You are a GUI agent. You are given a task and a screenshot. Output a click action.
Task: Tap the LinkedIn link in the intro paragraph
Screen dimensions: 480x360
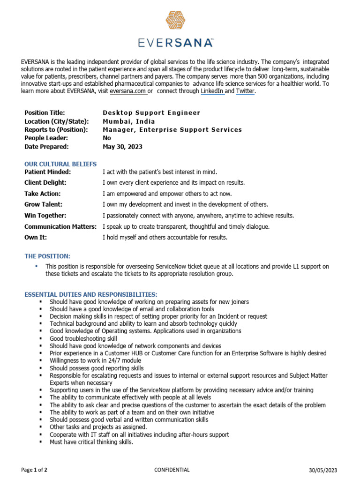coord(212,91)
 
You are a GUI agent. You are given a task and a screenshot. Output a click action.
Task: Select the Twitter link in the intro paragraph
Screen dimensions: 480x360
coord(246,91)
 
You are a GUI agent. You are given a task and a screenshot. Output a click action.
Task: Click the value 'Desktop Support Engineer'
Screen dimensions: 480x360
coord(151,113)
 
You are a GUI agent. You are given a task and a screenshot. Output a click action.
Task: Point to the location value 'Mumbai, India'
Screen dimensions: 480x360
coord(128,121)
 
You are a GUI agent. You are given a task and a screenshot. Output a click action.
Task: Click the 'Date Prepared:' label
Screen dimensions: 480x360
coord(46,147)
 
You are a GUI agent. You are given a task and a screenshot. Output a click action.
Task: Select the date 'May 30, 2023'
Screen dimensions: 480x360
coord(122,147)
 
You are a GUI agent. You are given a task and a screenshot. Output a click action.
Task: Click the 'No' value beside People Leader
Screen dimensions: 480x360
coord(107,138)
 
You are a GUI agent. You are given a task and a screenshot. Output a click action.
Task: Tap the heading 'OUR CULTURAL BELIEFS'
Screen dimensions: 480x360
coord(60,164)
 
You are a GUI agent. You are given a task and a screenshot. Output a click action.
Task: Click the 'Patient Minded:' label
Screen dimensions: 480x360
coord(47,172)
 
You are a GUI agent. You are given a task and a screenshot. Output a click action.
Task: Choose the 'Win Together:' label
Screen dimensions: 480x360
coord(45,216)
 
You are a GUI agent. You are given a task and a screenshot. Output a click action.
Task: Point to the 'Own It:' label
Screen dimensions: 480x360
coord(36,238)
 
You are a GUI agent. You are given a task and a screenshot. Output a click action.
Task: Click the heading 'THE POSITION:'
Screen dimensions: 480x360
coord(47,256)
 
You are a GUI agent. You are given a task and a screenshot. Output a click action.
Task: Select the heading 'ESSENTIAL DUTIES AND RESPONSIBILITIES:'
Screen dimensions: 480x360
coord(87,294)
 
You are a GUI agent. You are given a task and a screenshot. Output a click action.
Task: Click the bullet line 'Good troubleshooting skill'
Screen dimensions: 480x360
coord(83,338)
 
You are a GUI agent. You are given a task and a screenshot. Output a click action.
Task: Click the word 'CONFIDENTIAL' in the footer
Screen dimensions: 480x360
coord(172,470)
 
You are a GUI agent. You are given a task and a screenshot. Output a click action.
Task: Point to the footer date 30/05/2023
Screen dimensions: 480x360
coord(322,470)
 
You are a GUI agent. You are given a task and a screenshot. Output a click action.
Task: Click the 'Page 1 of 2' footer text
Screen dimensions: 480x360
coord(34,470)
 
